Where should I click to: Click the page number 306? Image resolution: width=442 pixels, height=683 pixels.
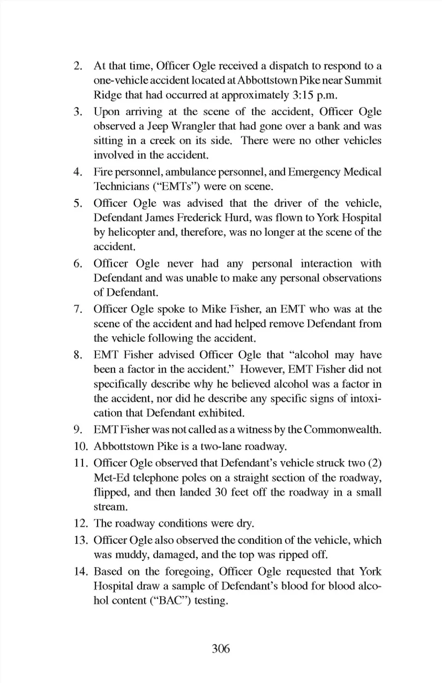(221, 649)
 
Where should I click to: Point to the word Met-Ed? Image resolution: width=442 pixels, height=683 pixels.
(110, 478)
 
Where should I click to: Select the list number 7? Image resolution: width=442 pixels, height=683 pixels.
(78, 309)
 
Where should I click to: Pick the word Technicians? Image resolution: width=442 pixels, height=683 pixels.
(119, 187)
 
